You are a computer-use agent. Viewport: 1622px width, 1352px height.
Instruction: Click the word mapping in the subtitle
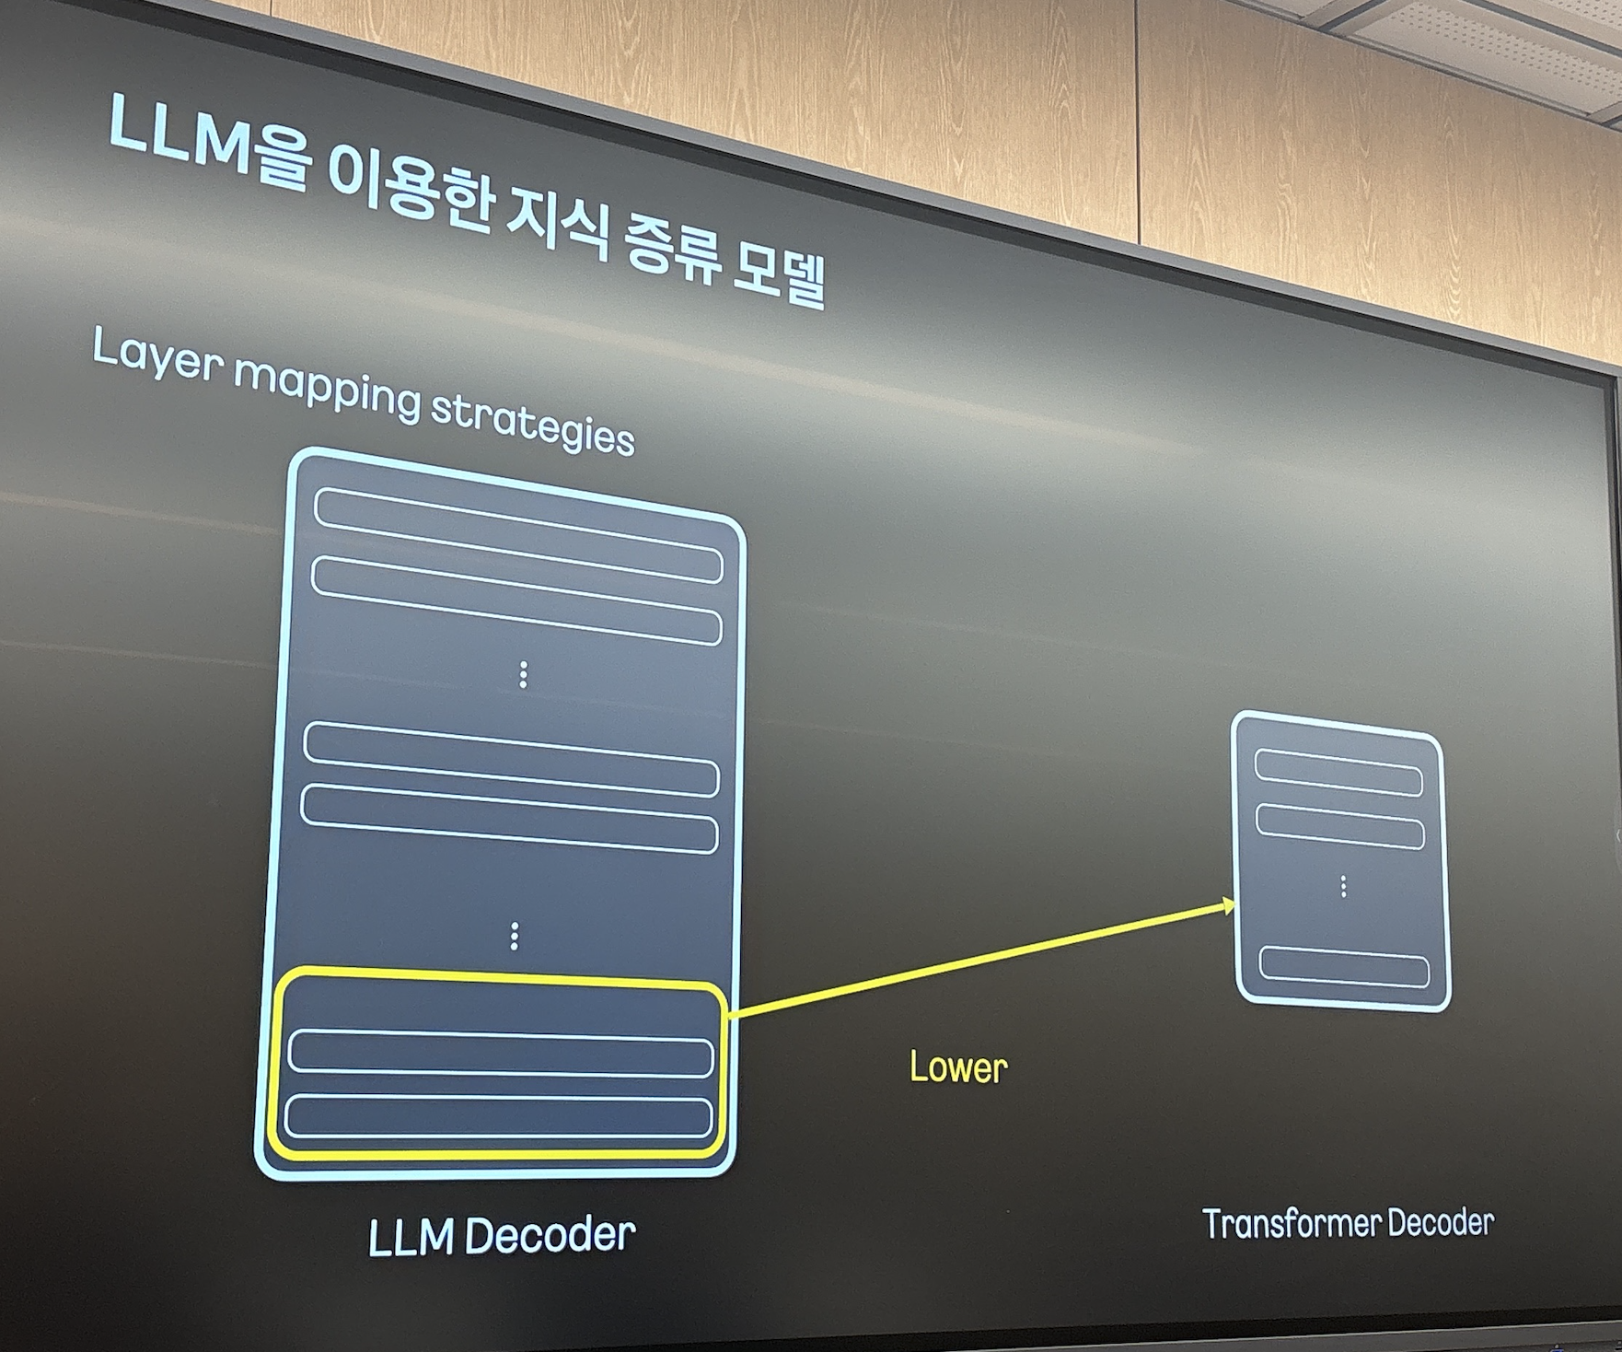pyautogui.click(x=328, y=387)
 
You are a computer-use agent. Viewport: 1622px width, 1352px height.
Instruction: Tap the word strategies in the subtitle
pyautogui.click(x=533, y=424)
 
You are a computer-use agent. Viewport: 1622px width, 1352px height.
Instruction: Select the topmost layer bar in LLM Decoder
pyautogui.click(x=517, y=535)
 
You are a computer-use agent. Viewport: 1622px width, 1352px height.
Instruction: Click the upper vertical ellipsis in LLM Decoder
pyautogui.click(x=523, y=674)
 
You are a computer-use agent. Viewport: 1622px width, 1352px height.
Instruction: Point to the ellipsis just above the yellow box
pyautogui.click(x=514, y=936)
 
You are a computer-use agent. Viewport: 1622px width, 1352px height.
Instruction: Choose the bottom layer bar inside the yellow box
pyautogui.click(x=498, y=1116)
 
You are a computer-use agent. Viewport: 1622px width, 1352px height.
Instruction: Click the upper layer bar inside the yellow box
pyautogui.click(x=500, y=1055)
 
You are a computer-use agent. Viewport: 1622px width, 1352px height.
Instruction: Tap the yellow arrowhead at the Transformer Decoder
pyautogui.click(x=1227, y=906)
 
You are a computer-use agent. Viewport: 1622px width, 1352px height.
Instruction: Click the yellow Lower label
pyautogui.click(x=958, y=1067)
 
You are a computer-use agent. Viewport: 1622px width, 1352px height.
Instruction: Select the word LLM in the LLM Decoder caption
pyautogui.click(x=411, y=1238)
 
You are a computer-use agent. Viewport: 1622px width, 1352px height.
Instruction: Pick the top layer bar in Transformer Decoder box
pyautogui.click(x=1338, y=773)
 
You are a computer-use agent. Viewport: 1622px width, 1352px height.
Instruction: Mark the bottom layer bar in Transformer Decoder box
pyautogui.click(x=1344, y=966)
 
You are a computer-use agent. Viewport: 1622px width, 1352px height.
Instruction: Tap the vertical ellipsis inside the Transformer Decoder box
pyautogui.click(x=1344, y=886)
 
